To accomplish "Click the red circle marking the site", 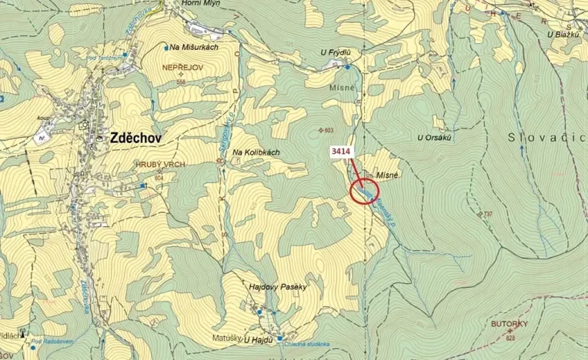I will [x=365, y=190].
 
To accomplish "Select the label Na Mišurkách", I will [x=195, y=47].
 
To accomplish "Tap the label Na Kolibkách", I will [x=256, y=152].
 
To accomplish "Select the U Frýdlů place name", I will [x=336, y=52].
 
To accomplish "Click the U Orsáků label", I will [x=433, y=138].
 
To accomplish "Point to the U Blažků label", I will [x=563, y=34].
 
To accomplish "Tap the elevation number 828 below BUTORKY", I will [x=509, y=338].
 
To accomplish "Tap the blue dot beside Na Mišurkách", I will [x=166, y=47].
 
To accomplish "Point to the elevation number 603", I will [x=329, y=130].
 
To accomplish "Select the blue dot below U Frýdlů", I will [x=348, y=68].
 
